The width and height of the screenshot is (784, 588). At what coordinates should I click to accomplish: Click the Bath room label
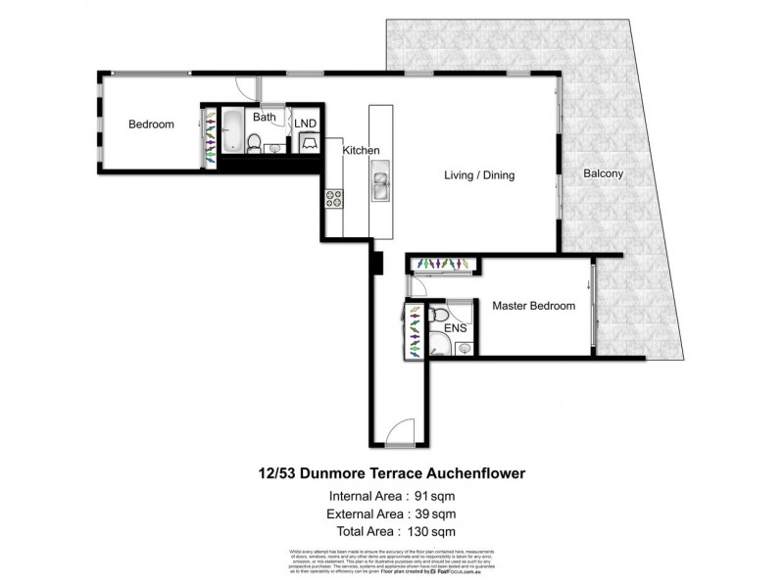pos(264,117)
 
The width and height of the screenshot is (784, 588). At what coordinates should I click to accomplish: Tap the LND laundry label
pos(305,122)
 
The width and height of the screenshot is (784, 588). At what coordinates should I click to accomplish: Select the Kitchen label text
pos(361,150)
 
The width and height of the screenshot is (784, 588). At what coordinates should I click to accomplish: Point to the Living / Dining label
pos(479,175)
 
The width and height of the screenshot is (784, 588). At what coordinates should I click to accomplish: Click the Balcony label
pos(603,173)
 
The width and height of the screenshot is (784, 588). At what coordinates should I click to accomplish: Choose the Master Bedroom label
pos(533,307)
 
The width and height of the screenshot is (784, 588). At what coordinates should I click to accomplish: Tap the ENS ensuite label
pos(456,327)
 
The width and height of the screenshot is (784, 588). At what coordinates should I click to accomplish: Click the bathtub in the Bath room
pos(231,129)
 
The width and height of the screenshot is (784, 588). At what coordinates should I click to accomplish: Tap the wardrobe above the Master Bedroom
pos(443,264)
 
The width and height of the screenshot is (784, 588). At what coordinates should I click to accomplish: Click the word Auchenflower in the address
pos(477,472)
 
